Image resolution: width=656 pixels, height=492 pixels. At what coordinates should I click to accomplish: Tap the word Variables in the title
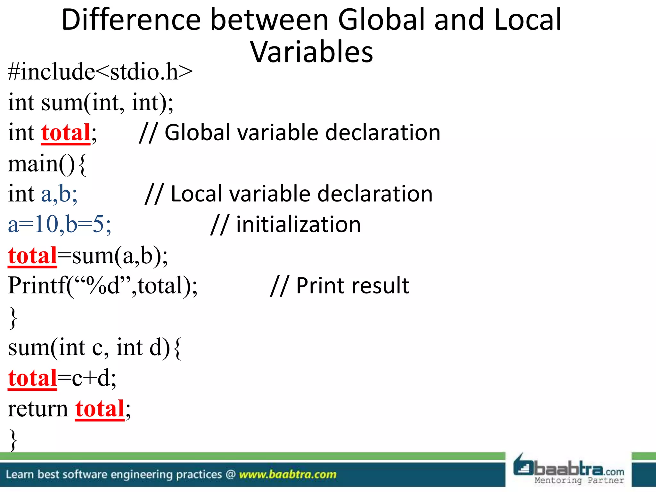tap(311, 52)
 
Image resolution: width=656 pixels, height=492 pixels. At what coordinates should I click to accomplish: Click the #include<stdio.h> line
tap(100, 72)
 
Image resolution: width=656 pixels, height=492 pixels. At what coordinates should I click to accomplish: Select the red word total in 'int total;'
tap(66, 133)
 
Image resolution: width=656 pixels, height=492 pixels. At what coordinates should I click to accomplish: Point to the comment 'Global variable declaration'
tap(302, 133)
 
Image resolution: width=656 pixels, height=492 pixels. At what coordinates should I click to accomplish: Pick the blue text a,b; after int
tap(59, 194)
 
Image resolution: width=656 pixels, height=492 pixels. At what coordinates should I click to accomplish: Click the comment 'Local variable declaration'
tap(301, 194)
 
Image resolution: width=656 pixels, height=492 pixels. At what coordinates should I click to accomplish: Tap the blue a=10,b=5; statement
tap(60, 224)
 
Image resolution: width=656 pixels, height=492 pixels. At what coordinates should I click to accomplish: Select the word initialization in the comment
tap(298, 224)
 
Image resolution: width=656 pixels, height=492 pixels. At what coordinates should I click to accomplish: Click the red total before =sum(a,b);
tap(32, 256)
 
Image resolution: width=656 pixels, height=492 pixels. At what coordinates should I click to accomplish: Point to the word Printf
tap(37, 285)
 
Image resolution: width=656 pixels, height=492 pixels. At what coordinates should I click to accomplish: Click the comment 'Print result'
tap(352, 285)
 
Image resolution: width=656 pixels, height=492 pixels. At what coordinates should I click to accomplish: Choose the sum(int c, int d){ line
tap(95, 348)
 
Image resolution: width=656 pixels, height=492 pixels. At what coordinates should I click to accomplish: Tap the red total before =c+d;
tap(32, 378)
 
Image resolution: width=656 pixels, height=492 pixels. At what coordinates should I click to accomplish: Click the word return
tap(38, 409)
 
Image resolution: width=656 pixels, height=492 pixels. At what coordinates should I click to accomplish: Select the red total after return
tap(100, 409)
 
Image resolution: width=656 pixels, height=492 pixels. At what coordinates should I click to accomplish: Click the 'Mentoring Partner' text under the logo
tap(579, 480)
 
